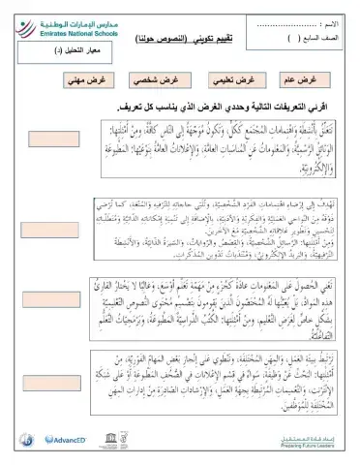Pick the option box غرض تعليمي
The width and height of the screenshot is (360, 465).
[234, 79]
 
